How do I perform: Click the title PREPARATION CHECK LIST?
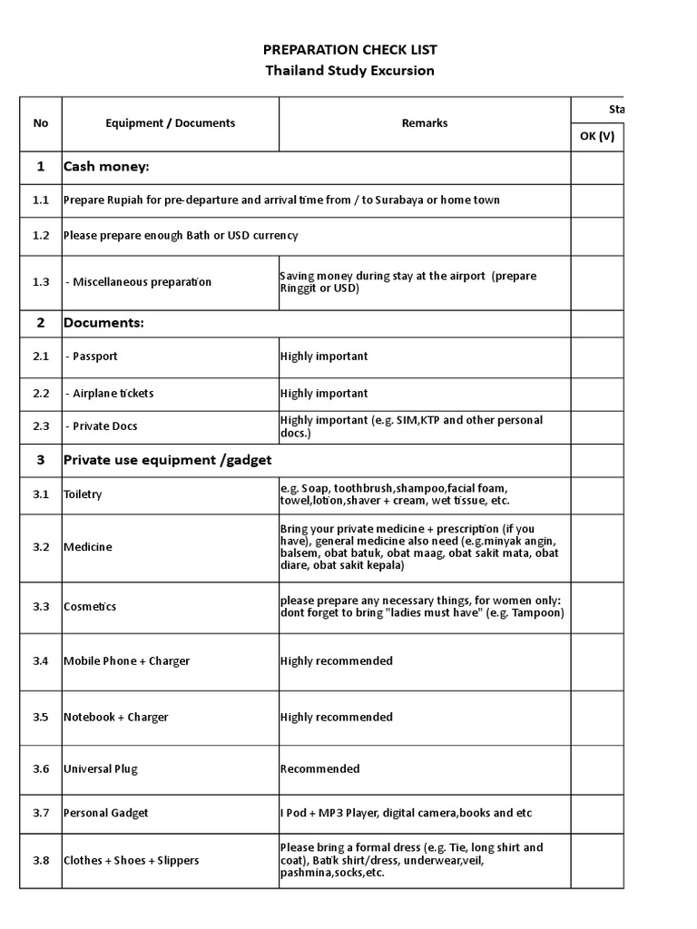(349, 50)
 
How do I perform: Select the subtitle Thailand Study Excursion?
(349, 71)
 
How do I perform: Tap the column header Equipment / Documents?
(170, 123)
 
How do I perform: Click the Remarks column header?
(424, 123)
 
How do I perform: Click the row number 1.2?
(40, 236)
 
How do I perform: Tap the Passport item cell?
(92, 357)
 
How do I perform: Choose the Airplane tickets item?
(110, 394)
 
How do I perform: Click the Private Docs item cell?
(102, 426)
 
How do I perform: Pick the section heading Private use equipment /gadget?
(167, 460)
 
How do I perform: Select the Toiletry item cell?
(83, 494)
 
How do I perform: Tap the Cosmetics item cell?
(90, 606)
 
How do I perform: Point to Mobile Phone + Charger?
(126, 660)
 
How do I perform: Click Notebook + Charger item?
(116, 717)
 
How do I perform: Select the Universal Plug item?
(100, 769)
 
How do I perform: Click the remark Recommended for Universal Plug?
(319, 769)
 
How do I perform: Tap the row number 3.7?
(40, 814)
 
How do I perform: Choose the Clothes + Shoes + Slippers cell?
(131, 860)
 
